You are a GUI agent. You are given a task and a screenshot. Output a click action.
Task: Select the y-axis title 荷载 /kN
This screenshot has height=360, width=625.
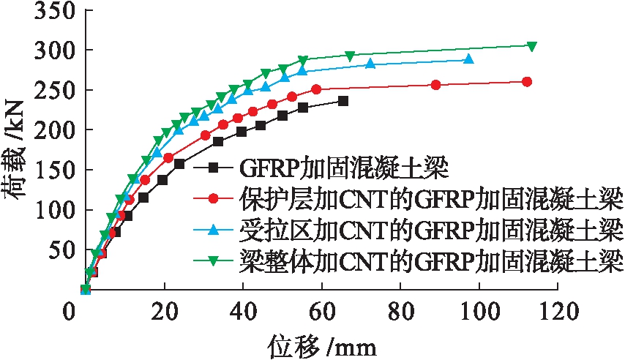click(16, 151)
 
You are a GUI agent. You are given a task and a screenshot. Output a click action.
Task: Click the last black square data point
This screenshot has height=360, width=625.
click(343, 101)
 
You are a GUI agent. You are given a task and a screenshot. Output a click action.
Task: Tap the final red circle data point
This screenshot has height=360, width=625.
click(527, 82)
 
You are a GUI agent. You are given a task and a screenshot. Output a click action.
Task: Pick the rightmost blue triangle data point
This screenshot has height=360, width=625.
click(468, 59)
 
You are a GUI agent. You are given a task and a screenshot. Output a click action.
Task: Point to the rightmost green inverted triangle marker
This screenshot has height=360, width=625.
click(532, 46)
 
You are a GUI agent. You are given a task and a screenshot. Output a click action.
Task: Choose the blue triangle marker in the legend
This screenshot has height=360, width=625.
click(214, 229)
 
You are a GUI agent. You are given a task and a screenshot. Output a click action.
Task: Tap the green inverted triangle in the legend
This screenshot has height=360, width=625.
click(214, 260)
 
